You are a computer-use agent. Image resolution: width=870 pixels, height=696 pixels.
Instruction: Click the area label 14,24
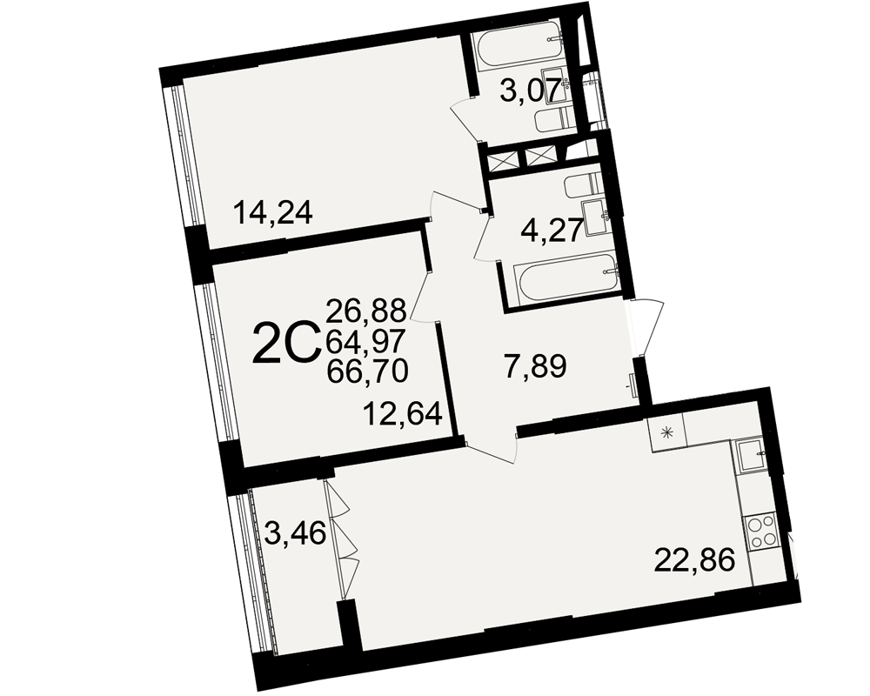pyautogui.click(x=273, y=212)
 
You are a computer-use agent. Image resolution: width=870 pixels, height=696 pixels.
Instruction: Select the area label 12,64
pyautogui.click(x=403, y=413)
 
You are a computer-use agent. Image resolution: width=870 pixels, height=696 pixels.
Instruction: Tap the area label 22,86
pyautogui.click(x=694, y=559)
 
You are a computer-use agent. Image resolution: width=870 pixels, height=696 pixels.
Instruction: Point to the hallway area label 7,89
pyautogui.click(x=534, y=367)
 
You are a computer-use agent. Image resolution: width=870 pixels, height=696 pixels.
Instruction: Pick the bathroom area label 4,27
pyautogui.click(x=552, y=229)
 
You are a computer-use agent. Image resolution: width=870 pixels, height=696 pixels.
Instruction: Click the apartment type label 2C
pyautogui.click(x=286, y=345)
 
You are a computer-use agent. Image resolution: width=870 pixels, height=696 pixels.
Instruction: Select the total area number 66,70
pyautogui.click(x=367, y=371)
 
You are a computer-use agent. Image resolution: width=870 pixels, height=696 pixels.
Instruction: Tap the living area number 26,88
pyautogui.click(x=367, y=311)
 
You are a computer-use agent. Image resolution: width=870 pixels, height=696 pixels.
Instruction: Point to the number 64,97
pyautogui.click(x=367, y=341)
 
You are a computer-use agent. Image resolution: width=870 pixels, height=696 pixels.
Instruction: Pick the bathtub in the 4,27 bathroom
pyautogui.click(x=565, y=273)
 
